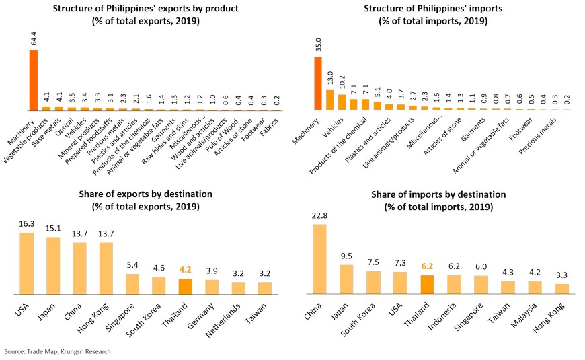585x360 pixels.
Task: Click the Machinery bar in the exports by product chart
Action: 33,80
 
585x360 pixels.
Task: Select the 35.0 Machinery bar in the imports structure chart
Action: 319,83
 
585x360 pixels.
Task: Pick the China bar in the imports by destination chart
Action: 319,260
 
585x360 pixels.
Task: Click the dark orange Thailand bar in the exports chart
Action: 186,287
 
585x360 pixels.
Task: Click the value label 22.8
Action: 319,217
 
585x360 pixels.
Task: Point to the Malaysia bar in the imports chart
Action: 535,287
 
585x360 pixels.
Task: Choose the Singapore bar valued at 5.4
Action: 132,284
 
